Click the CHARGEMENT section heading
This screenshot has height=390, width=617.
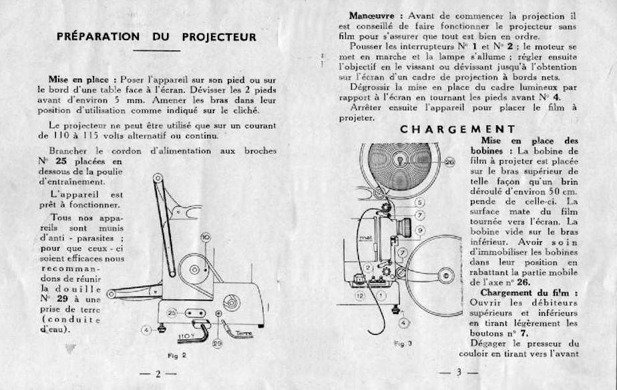tap(457, 130)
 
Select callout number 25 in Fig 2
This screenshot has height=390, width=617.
tap(171, 313)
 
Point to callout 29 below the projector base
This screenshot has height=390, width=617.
tap(216, 343)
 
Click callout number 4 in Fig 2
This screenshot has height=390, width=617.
tap(146, 329)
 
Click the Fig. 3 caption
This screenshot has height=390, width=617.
tap(402, 343)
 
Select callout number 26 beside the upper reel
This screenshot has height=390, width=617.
tap(449, 162)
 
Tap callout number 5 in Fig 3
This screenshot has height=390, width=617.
tap(419, 202)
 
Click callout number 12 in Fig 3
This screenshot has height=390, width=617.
tap(361, 295)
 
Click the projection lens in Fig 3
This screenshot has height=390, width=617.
tap(404, 226)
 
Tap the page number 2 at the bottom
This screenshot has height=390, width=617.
tap(158, 374)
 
